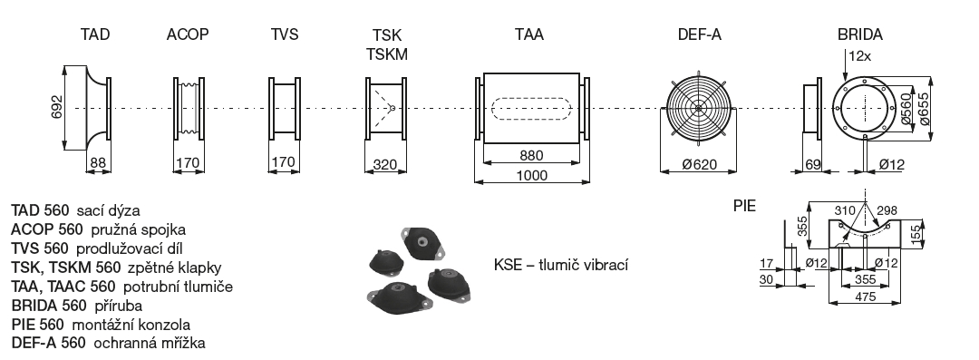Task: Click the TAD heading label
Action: [x=95, y=35]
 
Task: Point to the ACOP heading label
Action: [x=188, y=35]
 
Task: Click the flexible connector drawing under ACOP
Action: [x=188, y=108]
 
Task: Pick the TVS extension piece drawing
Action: [x=285, y=108]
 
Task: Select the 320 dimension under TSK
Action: [x=385, y=164]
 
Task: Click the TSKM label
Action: [x=387, y=54]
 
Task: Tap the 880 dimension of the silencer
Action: [x=531, y=154]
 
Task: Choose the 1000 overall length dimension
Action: [x=531, y=175]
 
